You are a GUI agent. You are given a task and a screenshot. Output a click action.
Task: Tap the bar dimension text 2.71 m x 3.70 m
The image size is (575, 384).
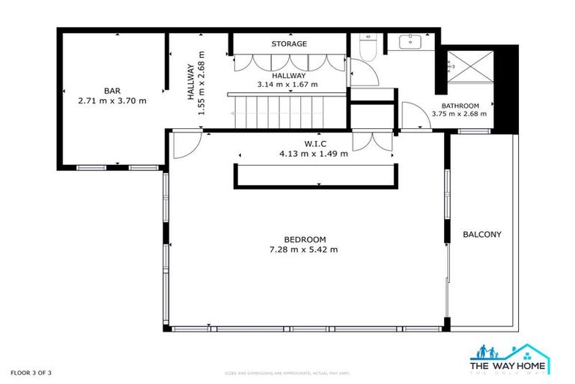pos(112,100)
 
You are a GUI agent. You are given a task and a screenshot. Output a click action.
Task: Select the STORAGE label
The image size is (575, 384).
pos(288,43)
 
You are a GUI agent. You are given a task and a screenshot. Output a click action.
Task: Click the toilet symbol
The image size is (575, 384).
pos(367,47)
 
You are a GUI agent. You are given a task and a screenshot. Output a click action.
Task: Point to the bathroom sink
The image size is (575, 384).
pos(411,41)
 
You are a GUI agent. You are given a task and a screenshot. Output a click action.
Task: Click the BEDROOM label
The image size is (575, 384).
pos(304,239)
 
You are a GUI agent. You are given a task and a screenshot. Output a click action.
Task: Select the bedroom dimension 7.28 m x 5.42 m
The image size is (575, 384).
pos(304,250)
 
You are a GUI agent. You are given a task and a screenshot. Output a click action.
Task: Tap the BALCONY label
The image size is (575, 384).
pos(481,235)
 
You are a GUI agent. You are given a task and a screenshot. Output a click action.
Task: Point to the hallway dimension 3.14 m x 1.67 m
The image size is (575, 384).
pos(287,85)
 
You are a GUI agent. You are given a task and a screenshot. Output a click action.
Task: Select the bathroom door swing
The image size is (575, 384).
pos(412,116)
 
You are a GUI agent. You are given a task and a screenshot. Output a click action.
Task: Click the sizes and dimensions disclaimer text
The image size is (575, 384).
pos(287,373)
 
